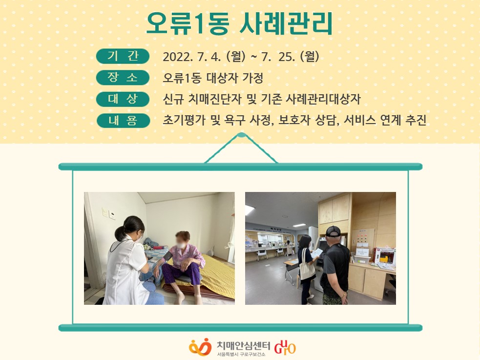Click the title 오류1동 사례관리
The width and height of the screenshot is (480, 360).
pos(239,23)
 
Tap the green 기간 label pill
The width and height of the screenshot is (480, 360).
pos(123,56)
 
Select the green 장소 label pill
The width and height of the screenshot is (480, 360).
pos(123,78)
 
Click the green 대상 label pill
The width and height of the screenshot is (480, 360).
pos(123,99)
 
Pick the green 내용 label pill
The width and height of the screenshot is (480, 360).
pos(123,121)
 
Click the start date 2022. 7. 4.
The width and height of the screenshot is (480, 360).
pos(191,57)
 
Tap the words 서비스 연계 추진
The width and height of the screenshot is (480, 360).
pos(385,120)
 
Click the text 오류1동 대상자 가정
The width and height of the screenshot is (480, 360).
pos(213,78)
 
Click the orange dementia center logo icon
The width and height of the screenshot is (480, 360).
pos(200,347)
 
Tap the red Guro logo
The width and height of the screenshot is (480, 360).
pos(285,347)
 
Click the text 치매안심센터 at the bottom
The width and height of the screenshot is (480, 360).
pos(243,346)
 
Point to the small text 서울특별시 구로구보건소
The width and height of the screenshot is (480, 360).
pos(241,355)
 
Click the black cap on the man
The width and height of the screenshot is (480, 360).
pos(333,232)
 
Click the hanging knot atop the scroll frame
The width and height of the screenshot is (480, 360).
pos(241,135)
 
